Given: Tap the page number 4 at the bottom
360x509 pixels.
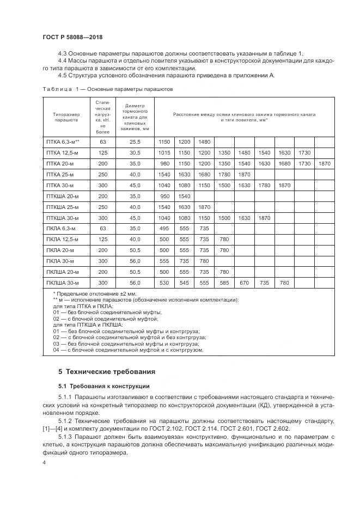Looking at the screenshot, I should click(45, 463).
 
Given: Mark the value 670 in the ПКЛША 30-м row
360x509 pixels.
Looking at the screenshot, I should click(244, 283).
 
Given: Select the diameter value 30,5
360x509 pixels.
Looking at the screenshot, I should click(135, 152).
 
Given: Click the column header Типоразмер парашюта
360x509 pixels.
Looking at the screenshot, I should click(66, 117).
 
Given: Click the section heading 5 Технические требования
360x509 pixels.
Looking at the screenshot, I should click(107, 372).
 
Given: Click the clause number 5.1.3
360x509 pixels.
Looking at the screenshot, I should click(65, 437).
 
